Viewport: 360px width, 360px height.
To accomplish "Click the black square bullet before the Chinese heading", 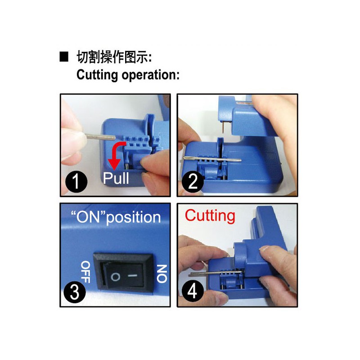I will point(64,57).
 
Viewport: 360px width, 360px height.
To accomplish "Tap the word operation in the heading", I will point(151,75).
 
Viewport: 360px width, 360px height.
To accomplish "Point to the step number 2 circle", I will point(193,182).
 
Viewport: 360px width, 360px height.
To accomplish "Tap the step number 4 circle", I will point(192,292).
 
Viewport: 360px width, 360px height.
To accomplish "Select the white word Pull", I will point(116,178).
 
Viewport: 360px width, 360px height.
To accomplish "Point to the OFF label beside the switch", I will point(85,272).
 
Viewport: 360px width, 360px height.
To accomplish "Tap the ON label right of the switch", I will point(161,273).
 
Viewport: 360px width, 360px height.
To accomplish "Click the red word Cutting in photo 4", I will point(210,216).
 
